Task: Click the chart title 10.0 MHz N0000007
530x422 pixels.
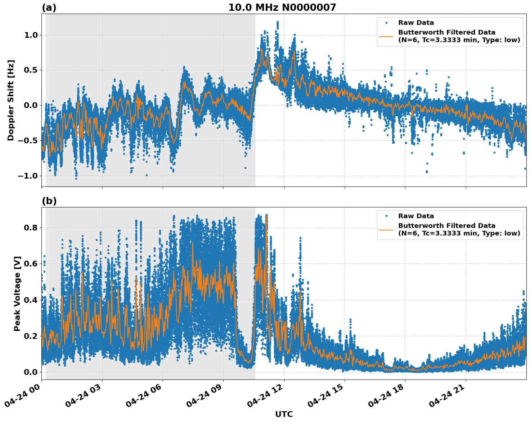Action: click(282, 8)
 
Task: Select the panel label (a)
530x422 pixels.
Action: click(49, 8)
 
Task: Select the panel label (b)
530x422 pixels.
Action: click(49, 201)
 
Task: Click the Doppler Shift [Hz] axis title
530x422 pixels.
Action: click(11, 100)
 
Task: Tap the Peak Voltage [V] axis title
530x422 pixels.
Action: click(17, 293)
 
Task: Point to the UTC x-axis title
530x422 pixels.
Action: click(284, 414)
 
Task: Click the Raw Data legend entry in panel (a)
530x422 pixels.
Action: click(416, 23)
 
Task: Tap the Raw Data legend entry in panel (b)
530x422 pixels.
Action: click(416, 216)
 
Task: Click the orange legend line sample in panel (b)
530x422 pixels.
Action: click(386, 230)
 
